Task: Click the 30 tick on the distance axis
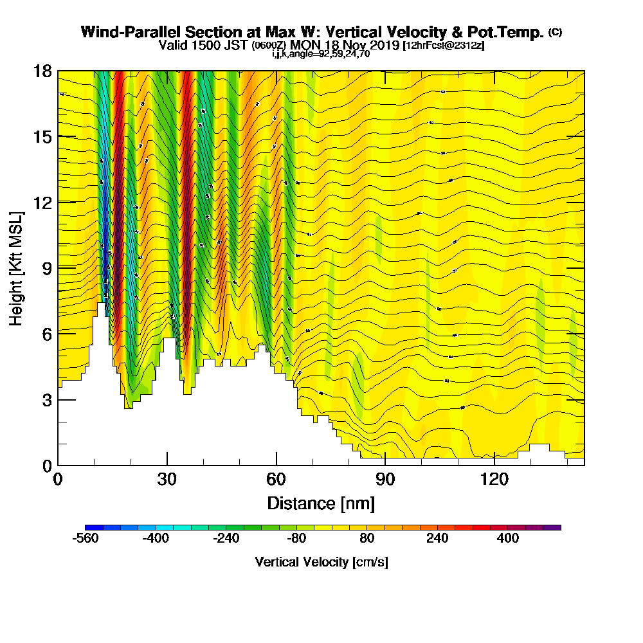coord(167,480)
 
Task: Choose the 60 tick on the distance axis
coord(276,480)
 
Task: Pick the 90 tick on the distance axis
coord(385,480)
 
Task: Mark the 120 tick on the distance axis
coord(494,480)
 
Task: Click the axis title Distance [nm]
coord(321,502)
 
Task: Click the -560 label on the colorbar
coord(86,538)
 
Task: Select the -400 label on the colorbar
coord(156,538)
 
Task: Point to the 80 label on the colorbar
coord(367,538)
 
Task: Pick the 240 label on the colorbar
coord(438,538)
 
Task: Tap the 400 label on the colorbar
coord(508,538)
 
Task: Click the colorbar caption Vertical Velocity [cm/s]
coord(321,562)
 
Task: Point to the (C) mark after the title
coord(555,32)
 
